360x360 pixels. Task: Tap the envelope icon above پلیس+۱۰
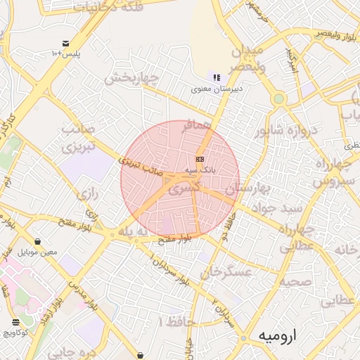pos(65,43)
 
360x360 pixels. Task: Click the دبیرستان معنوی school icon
pos(217,77)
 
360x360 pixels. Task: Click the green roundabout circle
pos(278,99)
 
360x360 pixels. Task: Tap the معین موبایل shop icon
pos(37,241)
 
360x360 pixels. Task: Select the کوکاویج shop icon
pos(15,322)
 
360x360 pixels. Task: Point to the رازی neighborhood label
pos(87,193)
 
